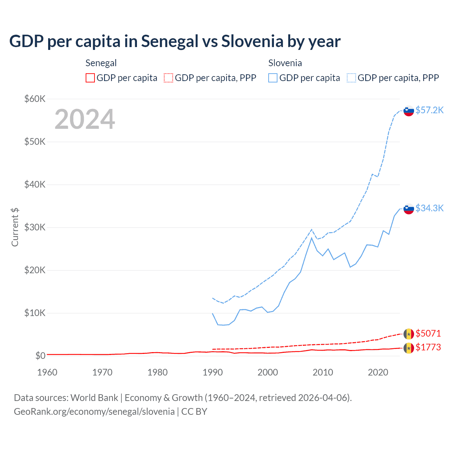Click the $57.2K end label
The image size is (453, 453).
pos(429,110)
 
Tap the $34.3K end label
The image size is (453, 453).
pos(429,208)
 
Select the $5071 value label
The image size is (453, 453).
pos(428,333)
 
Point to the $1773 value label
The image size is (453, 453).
pos(428,347)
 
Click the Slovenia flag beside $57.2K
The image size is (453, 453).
pos(409,111)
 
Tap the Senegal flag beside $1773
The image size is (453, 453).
pos(409,348)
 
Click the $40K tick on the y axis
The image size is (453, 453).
pos(35,184)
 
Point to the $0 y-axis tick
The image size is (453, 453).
pos(40,356)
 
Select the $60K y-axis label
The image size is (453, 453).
pos(35,99)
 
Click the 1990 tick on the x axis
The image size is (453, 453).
pos(213,372)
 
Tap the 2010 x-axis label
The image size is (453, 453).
pos(323,372)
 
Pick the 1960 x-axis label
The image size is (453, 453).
pos(47,372)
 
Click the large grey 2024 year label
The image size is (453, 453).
pos(85,119)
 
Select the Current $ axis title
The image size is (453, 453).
pos(15,227)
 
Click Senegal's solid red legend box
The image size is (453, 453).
pos(90,78)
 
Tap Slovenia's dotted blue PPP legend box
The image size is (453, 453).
pos(351,78)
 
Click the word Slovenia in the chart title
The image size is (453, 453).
pos(252,41)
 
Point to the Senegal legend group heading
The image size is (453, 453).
pos(101,63)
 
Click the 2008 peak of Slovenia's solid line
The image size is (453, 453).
pos(311,238)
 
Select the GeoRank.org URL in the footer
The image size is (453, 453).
pos(94,412)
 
